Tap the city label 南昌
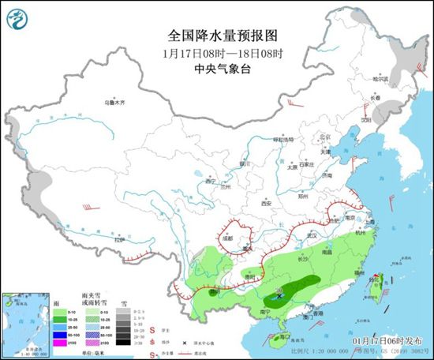click(327, 253)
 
